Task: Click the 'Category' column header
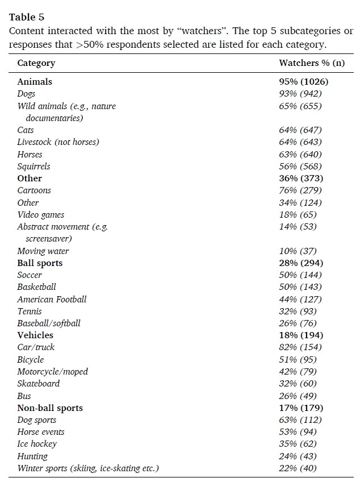tap(36, 63)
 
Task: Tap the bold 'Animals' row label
tap(35, 81)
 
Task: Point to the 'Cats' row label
tap(26, 130)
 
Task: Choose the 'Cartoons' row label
tap(34, 190)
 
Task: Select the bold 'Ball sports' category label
tap(40, 263)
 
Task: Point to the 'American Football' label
tap(52, 299)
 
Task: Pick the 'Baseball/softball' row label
tap(49, 323)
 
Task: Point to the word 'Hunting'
tap(32, 456)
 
